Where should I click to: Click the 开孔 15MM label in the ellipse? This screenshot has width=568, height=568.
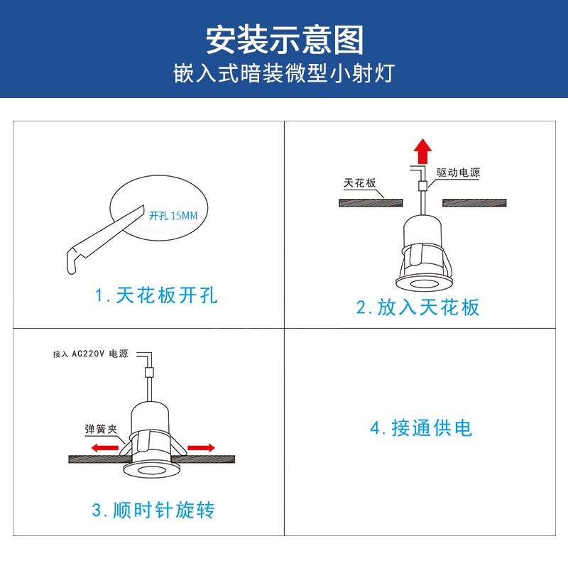(x=173, y=214)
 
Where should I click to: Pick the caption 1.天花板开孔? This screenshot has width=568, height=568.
(x=156, y=295)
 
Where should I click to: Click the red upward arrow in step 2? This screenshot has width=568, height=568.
(x=423, y=151)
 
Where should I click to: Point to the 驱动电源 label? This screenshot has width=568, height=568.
(x=458, y=173)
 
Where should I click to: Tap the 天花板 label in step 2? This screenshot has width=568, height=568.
(x=359, y=183)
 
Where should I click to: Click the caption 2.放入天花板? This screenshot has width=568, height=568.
(x=418, y=307)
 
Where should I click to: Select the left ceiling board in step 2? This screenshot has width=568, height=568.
(x=371, y=202)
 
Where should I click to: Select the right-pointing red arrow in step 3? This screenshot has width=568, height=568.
(x=200, y=448)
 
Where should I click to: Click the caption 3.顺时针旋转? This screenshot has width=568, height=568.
(x=153, y=510)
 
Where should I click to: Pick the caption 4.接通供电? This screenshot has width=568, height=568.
(x=421, y=428)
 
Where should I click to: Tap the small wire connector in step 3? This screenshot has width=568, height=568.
(x=148, y=371)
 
